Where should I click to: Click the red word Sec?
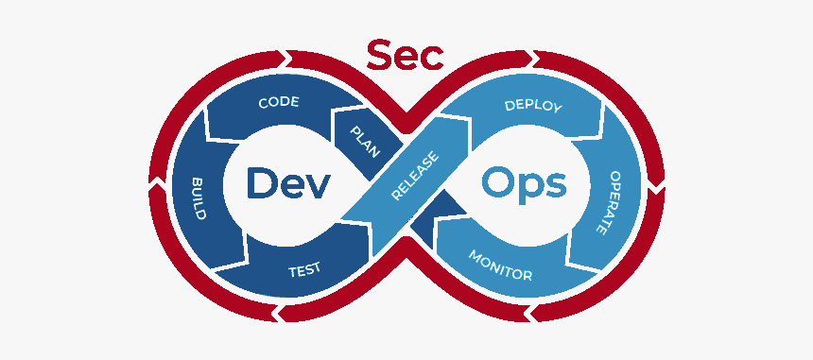[405, 56]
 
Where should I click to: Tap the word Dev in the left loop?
[288, 183]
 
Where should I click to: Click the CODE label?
[279, 102]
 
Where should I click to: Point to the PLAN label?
[366, 142]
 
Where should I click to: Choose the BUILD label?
[199, 198]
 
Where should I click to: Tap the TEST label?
[304, 270]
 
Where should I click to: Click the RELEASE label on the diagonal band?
[415, 176]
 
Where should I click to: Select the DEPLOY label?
[533, 106]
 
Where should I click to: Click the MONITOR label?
[500, 265]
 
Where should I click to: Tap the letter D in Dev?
[260, 183]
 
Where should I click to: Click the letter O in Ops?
[498, 183]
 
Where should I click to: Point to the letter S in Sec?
[378, 56]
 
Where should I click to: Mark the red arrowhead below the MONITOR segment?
[531, 313]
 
